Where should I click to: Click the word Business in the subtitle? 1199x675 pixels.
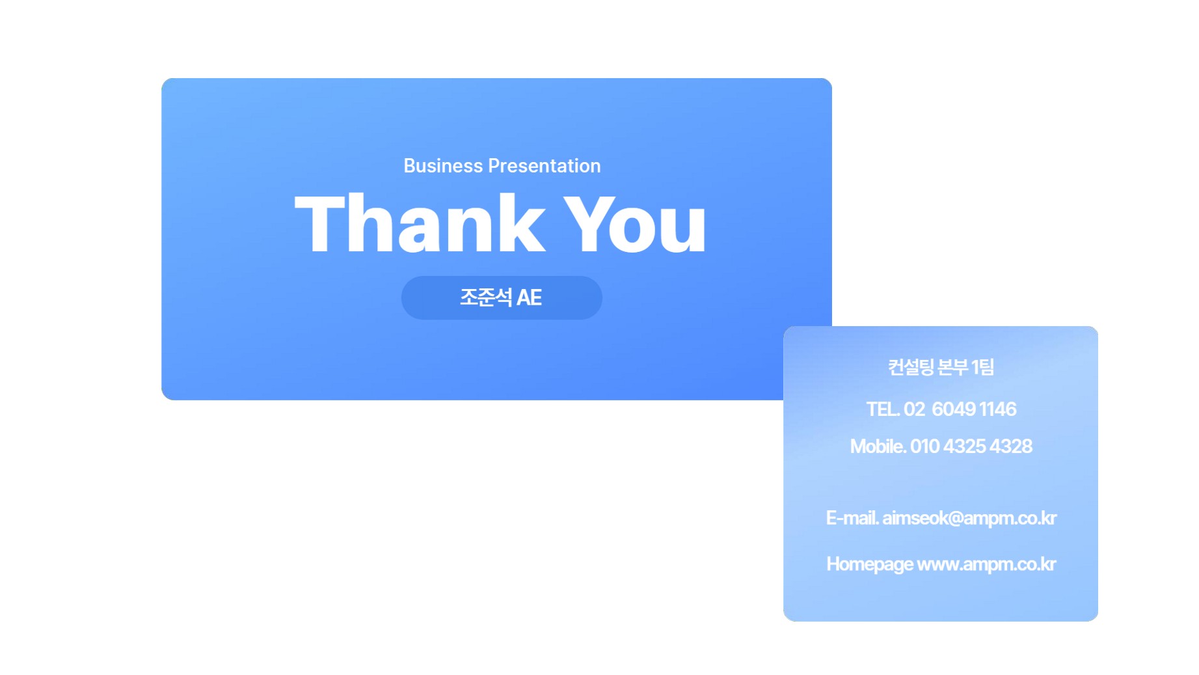click(x=443, y=166)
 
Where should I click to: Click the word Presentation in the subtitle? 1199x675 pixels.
click(x=544, y=167)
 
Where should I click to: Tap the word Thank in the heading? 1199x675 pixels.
click(x=420, y=223)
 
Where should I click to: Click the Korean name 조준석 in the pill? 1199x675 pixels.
click(x=486, y=297)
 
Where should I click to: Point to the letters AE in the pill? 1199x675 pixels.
click(x=529, y=298)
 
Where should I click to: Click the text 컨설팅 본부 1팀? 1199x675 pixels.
click(x=941, y=367)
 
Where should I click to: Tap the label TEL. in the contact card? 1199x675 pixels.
click(x=883, y=409)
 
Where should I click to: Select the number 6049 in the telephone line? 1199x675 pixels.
click(x=954, y=409)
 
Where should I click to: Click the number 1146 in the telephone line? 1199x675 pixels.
click(x=997, y=409)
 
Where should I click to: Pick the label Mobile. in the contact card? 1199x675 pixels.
click(x=878, y=447)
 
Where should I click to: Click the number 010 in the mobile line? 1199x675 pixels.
click(x=924, y=447)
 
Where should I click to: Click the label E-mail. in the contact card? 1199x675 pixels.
click(x=852, y=518)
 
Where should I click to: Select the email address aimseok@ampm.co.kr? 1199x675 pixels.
click(x=969, y=518)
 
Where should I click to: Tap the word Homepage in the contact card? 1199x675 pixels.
click(x=870, y=564)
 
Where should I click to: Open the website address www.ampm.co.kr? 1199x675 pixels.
click(x=986, y=564)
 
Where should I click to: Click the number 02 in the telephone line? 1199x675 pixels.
click(x=914, y=409)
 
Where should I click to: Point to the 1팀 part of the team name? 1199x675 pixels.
click(x=983, y=367)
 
